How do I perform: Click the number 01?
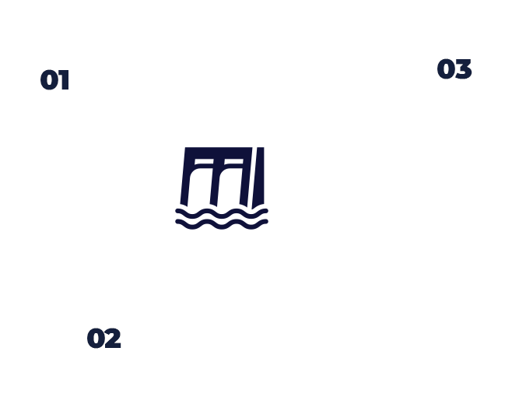tap(54, 80)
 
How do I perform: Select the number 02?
tap(104, 338)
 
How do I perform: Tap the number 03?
tap(454, 69)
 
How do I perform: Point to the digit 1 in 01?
tap(65, 80)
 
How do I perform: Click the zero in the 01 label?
tap(49, 80)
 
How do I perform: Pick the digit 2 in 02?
tap(113, 338)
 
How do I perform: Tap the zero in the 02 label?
tap(96, 338)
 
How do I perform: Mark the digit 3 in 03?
tap(464, 69)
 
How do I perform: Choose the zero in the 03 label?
tap(446, 69)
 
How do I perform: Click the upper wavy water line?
tap(222, 213)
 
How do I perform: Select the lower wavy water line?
tap(222, 224)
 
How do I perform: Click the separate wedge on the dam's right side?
tap(258, 177)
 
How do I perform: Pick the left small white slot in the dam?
tap(205, 162)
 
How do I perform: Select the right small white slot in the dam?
tap(233, 162)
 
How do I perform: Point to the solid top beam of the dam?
tap(219, 153)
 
